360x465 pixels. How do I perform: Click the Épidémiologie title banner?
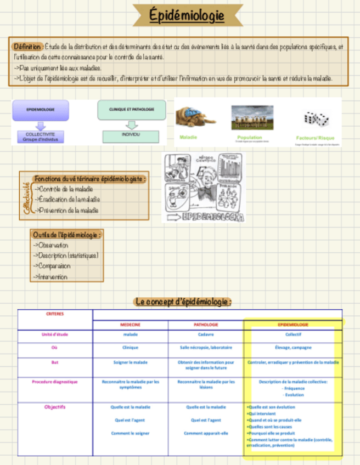pyautogui.click(x=188, y=16)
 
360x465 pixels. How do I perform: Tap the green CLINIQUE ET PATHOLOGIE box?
pyautogui.click(x=131, y=110)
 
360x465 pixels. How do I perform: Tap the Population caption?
pyautogui.click(x=250, y=138)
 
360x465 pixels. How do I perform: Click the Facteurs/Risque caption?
pyautogui.click(x=315, y=138)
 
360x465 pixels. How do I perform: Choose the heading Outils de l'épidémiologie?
pyautogui.click(x=67, y=235)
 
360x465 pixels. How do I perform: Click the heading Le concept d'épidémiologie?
pyautogui.click(x=183, y=302)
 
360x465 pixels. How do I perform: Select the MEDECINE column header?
pyautogui.click(x=131, y=325)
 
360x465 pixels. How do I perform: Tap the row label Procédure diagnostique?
pyautogui.click(x=55, y=382)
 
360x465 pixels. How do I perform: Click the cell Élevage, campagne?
pyautogui.click(x=293, y=347)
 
